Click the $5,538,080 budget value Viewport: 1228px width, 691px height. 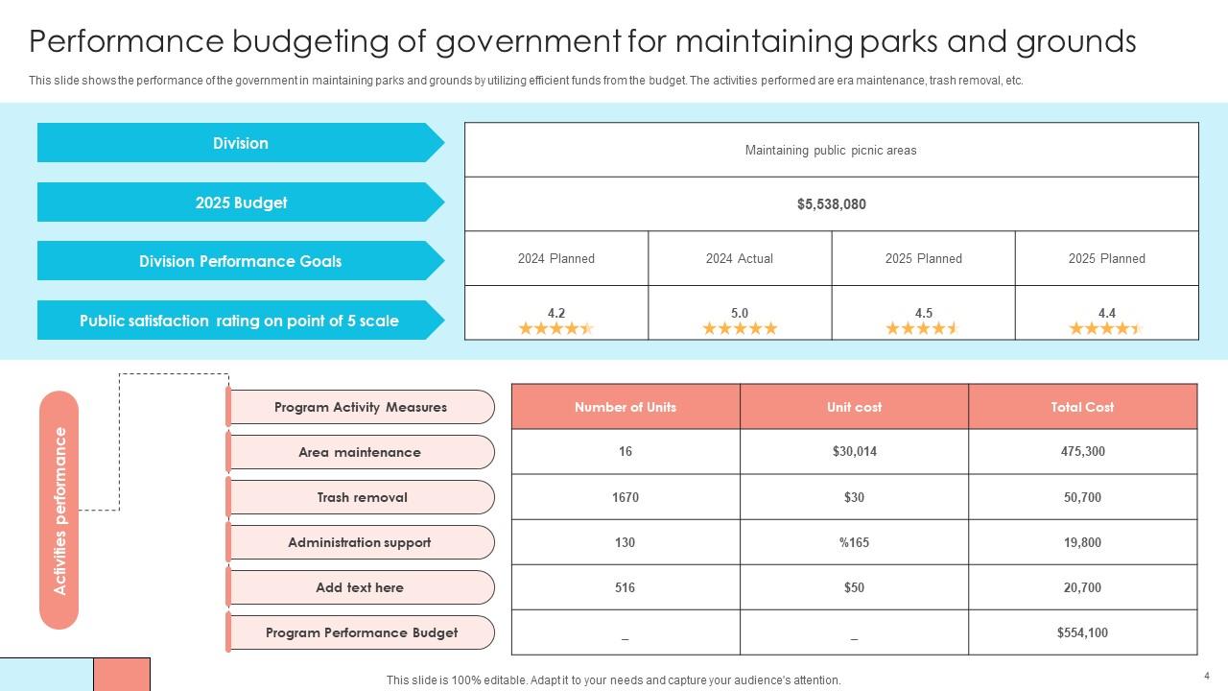click(831, 204)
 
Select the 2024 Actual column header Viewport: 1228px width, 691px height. click(739, 258)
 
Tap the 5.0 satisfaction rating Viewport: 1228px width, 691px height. click(739, 313)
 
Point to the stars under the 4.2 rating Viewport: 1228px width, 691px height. click(556, 328)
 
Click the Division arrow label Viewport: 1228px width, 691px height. click(240, 143)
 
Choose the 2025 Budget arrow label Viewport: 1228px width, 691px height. click(240, 203)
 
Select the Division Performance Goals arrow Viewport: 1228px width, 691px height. click(240, 261)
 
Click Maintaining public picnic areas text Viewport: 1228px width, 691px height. click(831, 150)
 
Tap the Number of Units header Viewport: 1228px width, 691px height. click(626, 407)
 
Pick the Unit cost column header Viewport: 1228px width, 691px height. click(854, 407)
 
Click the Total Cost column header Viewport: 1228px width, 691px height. click(1082, 407)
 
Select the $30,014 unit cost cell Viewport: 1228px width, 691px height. click(854, 452)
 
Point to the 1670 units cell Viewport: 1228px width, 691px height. click(626, 497)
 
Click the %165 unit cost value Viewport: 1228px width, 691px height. click(854, 542)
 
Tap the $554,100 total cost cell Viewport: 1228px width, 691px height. click(1082, 632)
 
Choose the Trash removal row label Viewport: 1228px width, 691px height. click(362, 497)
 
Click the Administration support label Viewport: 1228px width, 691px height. click(360, 542)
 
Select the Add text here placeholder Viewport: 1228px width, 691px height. click(360, 587)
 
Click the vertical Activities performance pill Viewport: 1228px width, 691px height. click(59, 510)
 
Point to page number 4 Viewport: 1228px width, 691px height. click(1207, 676)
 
